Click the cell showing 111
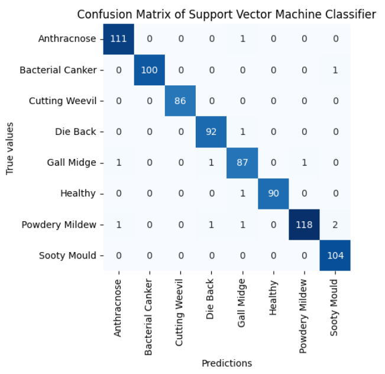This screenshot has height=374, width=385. (119, 39)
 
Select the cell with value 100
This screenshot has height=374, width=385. (150, 70)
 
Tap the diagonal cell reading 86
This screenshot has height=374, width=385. (180, 101)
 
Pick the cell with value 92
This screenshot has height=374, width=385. (211, 131)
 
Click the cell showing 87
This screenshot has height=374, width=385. (242, 163)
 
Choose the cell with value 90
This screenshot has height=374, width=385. (273, 194)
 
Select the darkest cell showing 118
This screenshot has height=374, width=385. (304, 224)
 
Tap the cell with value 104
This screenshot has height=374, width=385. (335, 255)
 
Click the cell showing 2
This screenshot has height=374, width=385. (335, 224)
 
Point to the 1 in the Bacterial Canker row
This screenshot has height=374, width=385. (335, 70)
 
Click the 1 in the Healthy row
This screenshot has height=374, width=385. (242, 194)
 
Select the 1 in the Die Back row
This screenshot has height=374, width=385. (242, 131)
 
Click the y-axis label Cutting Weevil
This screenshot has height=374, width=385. (62, 101)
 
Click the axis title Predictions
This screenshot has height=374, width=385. (227, 363)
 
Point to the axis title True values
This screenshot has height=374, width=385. (10, 147)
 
